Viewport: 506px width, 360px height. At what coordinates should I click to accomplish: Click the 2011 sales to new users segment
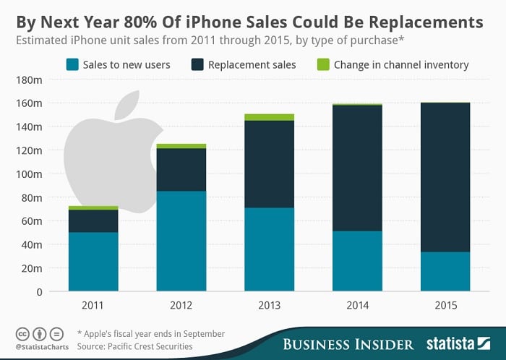[93, 262]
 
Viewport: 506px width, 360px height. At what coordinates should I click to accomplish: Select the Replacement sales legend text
[252, 65]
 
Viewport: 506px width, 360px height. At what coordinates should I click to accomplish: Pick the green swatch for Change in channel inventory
[324, 65]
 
